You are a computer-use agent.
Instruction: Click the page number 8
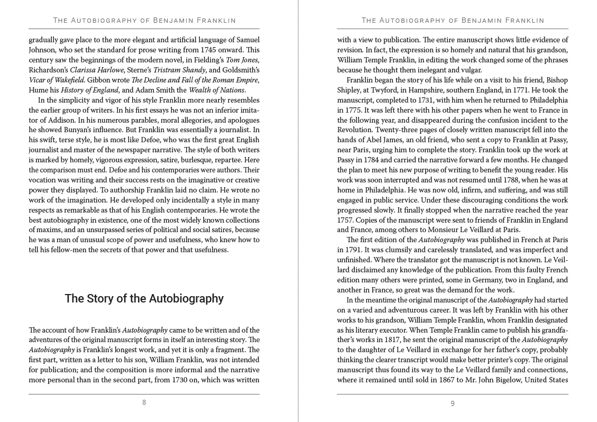[x=144, y=402]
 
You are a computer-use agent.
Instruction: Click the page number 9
[x=453, y=403]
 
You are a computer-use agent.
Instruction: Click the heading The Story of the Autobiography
[x=144, y=299]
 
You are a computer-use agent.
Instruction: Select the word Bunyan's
[x=77, y=130]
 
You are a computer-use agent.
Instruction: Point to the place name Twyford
[x=386, y=90]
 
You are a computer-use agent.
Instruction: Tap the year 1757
[x=347, y=221]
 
